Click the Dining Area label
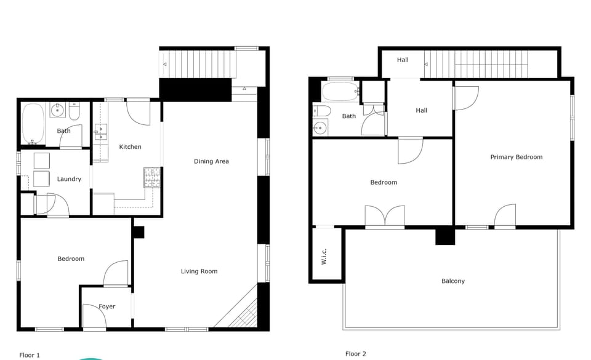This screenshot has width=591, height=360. point(211,161)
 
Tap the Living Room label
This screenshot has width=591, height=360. point(199,271)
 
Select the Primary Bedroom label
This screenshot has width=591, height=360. point(516,157)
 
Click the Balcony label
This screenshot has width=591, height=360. point(453,281)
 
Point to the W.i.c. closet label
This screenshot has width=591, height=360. point(324,256)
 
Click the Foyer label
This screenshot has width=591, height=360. point(107,306)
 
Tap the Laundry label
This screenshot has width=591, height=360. point(69,179)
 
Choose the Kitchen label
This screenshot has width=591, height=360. point(130,146)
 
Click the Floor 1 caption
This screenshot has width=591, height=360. point(30,355)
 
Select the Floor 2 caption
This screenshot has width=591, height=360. point(356,354)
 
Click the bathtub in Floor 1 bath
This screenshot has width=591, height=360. point(33,122)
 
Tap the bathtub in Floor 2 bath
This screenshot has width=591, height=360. point(340,92)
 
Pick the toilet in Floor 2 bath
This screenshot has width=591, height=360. point(321,111)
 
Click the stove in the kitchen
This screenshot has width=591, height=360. point(151,178)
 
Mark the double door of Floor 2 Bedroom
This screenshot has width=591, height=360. point(385,217)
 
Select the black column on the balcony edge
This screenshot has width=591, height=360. point(444,236)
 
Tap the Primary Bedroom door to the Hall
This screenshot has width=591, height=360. point(465,97)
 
